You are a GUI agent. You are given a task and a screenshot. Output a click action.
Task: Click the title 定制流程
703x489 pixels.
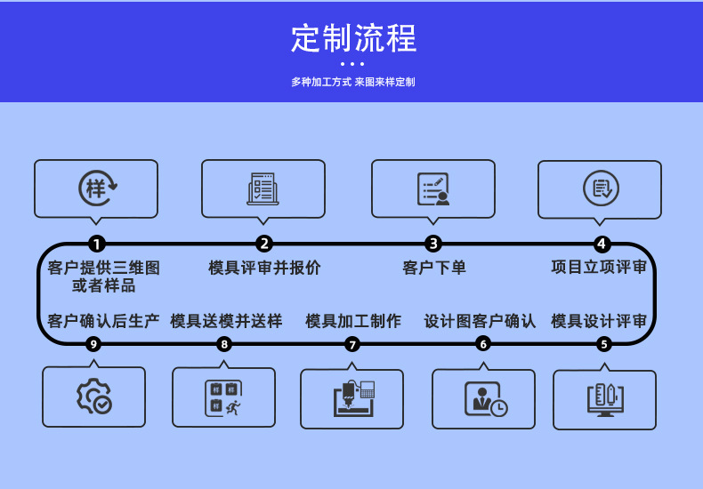pyautogui.click(x=353, y=39)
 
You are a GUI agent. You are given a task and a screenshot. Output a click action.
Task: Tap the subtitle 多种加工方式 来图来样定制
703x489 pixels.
pyautogui.click(x=353, y=82)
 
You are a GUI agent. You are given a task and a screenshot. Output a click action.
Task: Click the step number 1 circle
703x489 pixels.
pyautogui.click(x=97, y=244)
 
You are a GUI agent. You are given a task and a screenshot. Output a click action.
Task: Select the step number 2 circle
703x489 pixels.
pyautogui.click(x=264, y=244)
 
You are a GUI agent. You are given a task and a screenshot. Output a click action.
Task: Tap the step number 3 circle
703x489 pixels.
pyautogui.click(x=433, y=244)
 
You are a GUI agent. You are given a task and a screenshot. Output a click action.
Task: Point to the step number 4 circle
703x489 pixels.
pyautogui.click(x=602, y=244)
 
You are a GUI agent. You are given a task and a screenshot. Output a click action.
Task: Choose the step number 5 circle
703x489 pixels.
pyautogui.click(x=604, y=344)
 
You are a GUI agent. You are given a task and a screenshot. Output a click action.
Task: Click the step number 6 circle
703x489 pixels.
pyautogui.click(x=483, y=344)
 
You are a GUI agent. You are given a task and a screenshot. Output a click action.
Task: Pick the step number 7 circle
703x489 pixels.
pyautogui.click(x=352, y=344)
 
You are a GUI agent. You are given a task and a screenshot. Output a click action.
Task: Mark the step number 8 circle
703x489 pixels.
pyautogui.click(x=224, y=344)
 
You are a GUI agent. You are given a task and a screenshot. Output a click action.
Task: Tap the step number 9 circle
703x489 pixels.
pyautogui.click(x=93, y=344)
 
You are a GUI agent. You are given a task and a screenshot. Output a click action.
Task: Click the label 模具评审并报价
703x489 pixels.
pyautogui.click(x=264, y=268)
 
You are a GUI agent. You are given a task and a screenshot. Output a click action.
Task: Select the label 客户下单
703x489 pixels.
pyautogui.click(x=434, y=268)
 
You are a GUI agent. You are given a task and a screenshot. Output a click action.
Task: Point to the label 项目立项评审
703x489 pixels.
pyautogui.click(x=599, y=268)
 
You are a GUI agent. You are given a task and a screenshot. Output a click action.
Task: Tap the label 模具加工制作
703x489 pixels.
pyautogui.click(x=353, y=321)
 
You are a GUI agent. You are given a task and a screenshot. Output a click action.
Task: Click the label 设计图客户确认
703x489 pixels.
pyautogui.click(x=480, y=321)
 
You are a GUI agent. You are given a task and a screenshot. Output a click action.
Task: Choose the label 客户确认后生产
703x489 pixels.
pyautogui.click(x=103, y=321)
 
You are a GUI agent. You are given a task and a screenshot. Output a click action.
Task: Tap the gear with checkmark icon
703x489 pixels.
pyautogui.click(x=93, y=397)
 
